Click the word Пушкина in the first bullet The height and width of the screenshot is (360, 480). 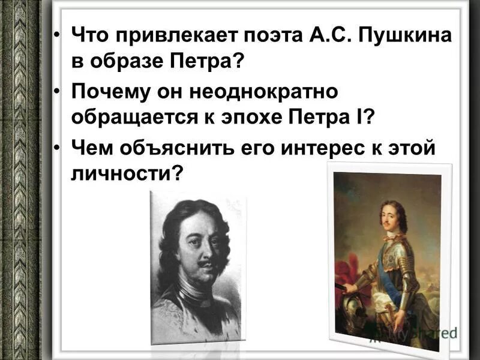pyautogui.click(x=407, y=35)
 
